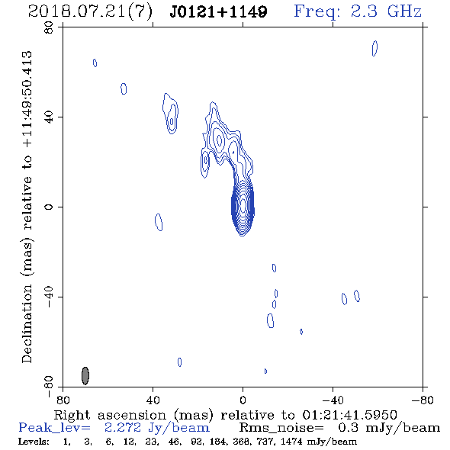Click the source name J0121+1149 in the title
(x=218, y=11)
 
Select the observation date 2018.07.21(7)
(x=91, y=12)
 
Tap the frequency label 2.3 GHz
(x=386, y=11)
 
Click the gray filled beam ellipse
(x=85, y=375)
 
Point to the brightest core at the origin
(x=243, y=205)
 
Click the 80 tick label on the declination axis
(x=49, y=27)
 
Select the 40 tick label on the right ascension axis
(x=153, y=400)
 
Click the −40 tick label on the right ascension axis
(x=333, y=400)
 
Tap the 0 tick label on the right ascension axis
(x=243, y=400)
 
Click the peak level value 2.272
(x=123, y=428)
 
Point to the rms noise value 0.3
(x=348, y=428)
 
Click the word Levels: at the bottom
(x=34, y=441)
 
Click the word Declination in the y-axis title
(x=27, y=323)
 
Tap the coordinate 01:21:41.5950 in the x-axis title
(x=349, y=415)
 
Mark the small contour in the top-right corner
(x=374, y=48)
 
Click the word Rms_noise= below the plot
(x=281, y=428)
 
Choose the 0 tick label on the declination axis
(x=49, y=207)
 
